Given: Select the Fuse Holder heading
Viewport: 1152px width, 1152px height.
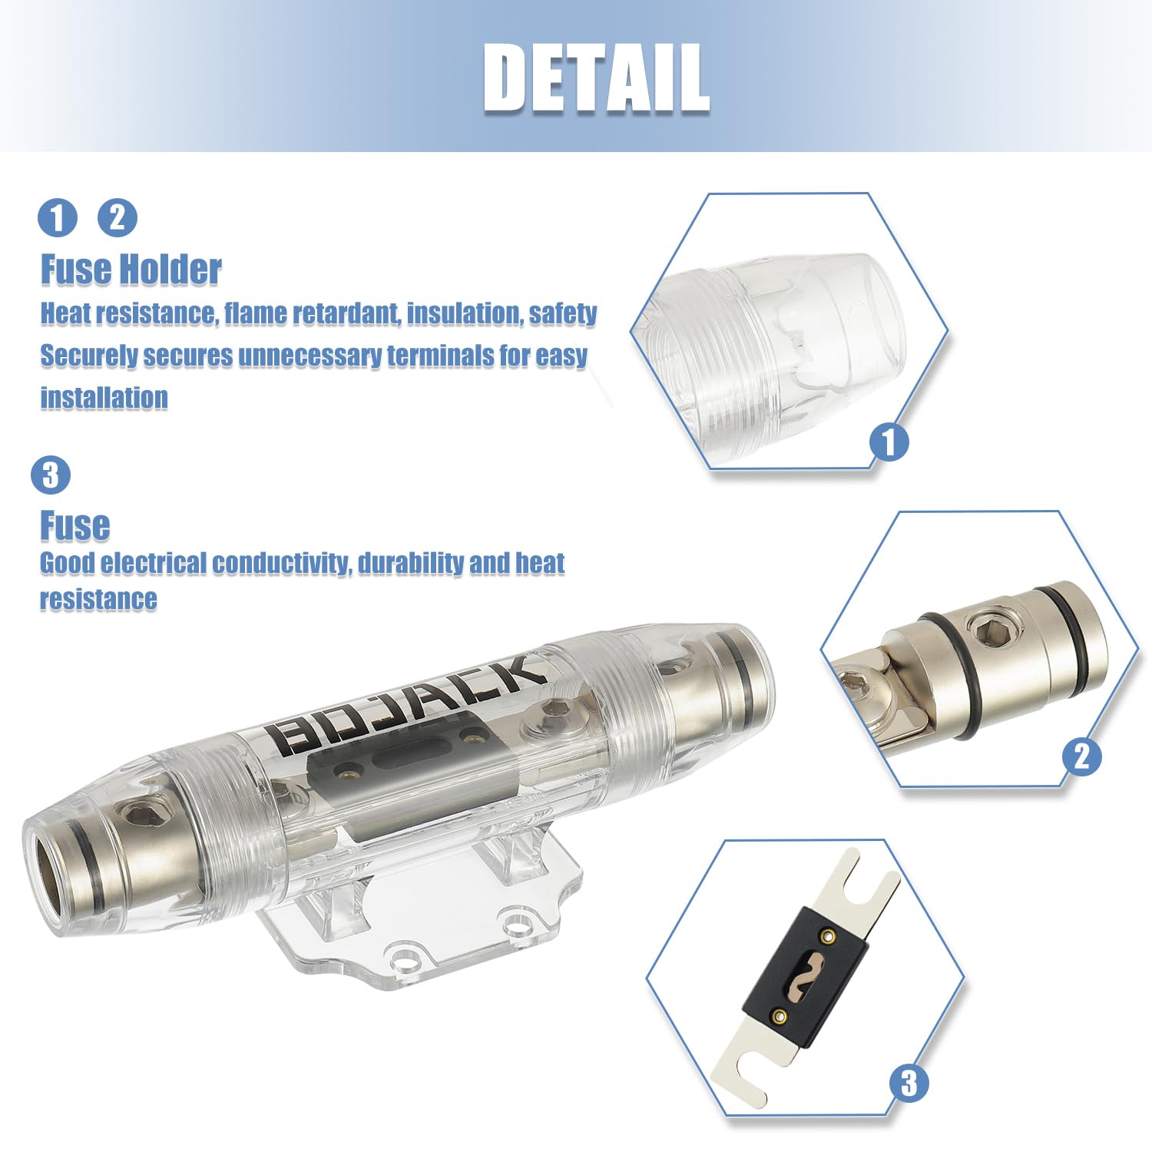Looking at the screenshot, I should pos(131,270).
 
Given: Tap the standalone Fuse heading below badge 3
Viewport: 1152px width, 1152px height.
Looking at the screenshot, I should pos(74,526).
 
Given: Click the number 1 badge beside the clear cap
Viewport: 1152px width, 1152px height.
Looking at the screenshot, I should pos(889,442).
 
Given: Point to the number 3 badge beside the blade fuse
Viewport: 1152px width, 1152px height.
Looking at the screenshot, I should pos(909,1083).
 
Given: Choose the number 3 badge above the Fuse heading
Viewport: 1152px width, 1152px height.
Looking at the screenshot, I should pos(51,475).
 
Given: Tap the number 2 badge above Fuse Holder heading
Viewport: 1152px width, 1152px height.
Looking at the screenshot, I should pos(117,217).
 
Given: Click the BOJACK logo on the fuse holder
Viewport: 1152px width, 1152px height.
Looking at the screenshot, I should pos(407,703).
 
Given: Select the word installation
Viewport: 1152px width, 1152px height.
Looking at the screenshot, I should pos(104,398).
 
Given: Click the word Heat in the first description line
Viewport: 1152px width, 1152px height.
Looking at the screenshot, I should pos(64,313).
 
